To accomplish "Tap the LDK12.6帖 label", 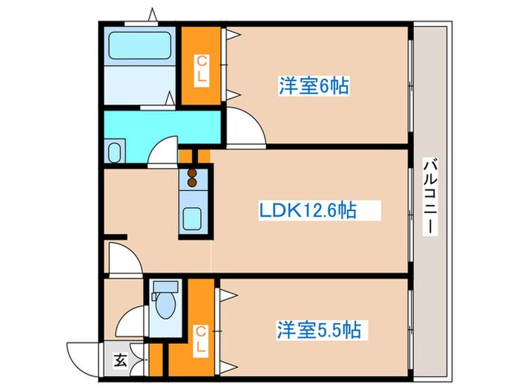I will pos(307,211).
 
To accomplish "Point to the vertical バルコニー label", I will pos(429,196).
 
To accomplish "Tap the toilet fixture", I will pos(164,305).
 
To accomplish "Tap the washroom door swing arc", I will pos(163,151).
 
